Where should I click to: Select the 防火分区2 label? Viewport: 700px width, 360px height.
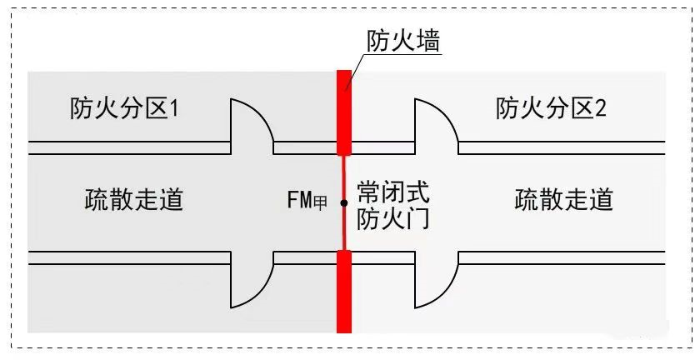coord(551,108)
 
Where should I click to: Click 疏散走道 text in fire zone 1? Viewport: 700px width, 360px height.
coord(134,200)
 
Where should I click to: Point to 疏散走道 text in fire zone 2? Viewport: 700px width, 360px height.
coord(564,200)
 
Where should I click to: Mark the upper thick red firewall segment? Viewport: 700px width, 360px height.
coord(343,112)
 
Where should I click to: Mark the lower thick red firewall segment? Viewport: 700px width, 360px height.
coord(343,292)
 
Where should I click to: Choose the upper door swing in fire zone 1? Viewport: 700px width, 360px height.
coord(249,125)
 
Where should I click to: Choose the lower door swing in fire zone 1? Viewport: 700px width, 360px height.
coord(249,280)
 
